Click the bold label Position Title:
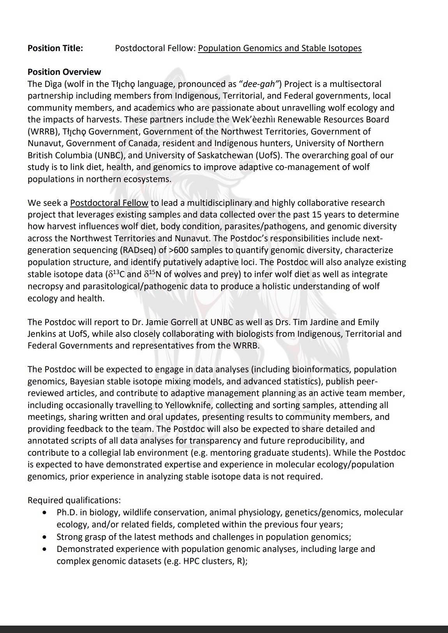click(x=55, y=48)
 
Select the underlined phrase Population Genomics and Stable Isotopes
click(x=280, y=48)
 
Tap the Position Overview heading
click(x=64, y=72)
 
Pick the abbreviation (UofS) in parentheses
click(x=269, y=156)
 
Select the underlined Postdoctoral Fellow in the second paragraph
click(x=109, y=203)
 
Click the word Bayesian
click(x=86, y=382)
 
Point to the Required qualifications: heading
click(x=74, y=500)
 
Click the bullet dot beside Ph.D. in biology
click(x=46, y=513)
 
